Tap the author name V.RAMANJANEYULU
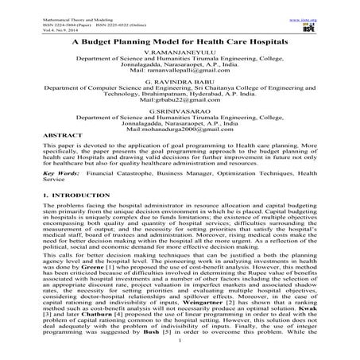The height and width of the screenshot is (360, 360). tap(179, 50)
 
